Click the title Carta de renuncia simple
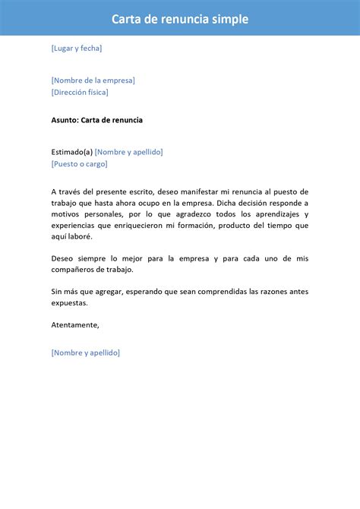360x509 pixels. click(x=180, y=19)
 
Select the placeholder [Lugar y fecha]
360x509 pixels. click(x=77, y=48)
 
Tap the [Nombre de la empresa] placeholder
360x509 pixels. click(x=93, y=80)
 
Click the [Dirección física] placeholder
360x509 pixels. click(x=80, y=92)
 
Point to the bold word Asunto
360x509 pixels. click(x=64, y=120)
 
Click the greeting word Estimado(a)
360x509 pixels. click(x=71, y=151)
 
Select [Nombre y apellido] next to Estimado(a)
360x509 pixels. click(x=129, y=151)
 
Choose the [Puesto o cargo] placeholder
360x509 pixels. click(x=80, y=163)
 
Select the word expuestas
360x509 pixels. click(x=69, y=302)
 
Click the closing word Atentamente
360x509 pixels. click(x=75, y=324)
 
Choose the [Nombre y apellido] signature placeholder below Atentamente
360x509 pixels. click(x=86, y=353)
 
